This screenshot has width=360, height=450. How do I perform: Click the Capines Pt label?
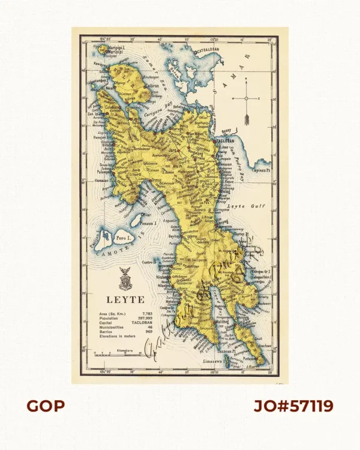pyautogui.click(x=263, y=170)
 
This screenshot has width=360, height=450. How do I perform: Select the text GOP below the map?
pyautogui.click(x=46, y=406)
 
